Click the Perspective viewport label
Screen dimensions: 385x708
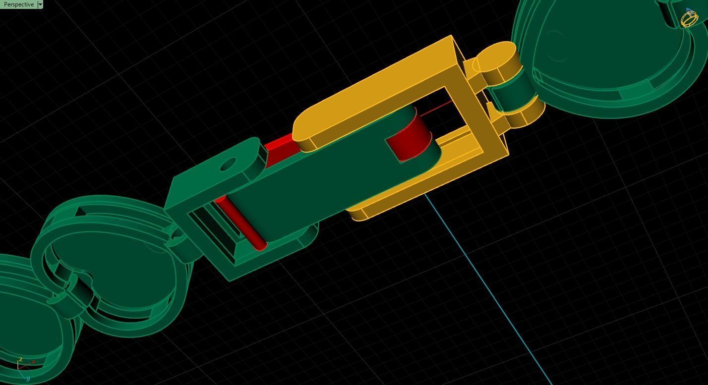coord(19,4)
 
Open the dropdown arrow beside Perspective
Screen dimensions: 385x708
coord(40,4)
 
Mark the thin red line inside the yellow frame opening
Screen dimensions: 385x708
coord(436,109)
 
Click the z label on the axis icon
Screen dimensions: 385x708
coord(20,360)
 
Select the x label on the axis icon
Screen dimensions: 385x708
coord(33,362)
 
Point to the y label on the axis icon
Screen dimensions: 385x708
coord(28,379)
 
